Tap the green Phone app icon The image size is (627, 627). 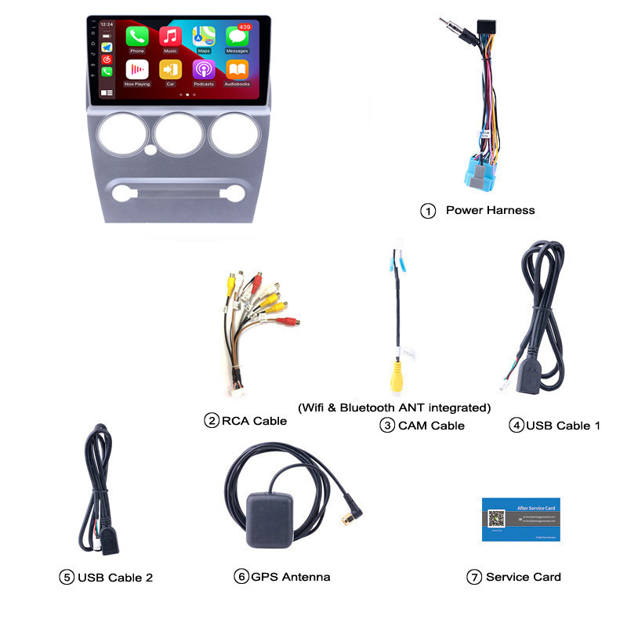pos(137,36)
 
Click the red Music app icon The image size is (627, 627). pos(170,36)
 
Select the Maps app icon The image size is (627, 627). pos(204,36)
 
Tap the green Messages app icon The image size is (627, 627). pos(237,37)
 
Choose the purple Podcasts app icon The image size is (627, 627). pos(204,70)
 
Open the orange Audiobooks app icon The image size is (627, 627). pos(237,70)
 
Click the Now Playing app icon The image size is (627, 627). pos(137,70)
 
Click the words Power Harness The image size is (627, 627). pos(490,210)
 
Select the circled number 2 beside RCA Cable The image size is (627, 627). pos(212,421)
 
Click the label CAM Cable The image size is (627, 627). pos(431,426)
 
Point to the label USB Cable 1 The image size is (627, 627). pos(563,426)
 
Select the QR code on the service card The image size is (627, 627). pos(496,518)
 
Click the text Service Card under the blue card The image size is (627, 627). pos(524,577)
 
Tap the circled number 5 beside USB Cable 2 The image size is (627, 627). pos(67,578)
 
